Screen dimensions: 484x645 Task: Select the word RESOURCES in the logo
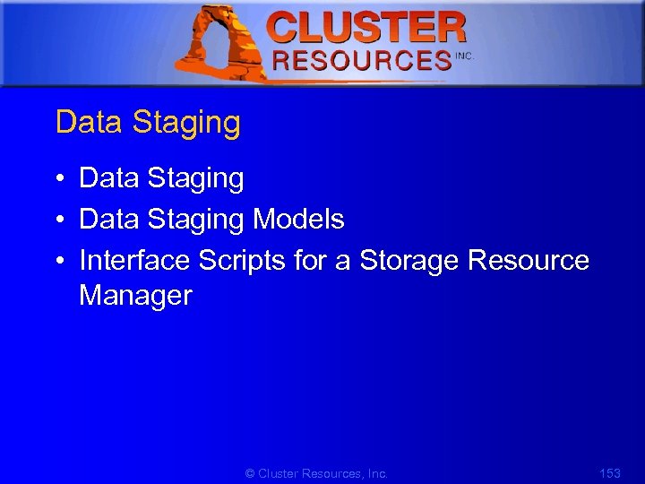pyautogui.click(x=361, y=61)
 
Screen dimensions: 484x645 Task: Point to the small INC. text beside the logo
pyautogui.click(x=463, y=56)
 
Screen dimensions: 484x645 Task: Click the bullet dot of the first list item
pyautogui.click(x=56, y=179)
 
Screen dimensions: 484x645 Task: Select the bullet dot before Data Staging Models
pyautogui.click(x=56, y=220)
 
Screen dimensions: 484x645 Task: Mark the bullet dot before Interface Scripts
pyautogui.click(x=56, y=261)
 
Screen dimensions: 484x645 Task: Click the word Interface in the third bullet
pyautogui.click(x=134, y=260)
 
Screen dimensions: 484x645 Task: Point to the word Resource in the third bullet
pyautogui.click(x=529, y=260)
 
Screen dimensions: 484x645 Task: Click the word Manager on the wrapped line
pyautogui.click(x=135, y=296)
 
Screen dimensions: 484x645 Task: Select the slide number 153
pyautogui.click(x=609, y=473)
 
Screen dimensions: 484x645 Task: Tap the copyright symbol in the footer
pyautogui.click(x=250, y=473)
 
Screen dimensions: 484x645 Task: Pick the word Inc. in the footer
pyautogui.click(x=377, y=473)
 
